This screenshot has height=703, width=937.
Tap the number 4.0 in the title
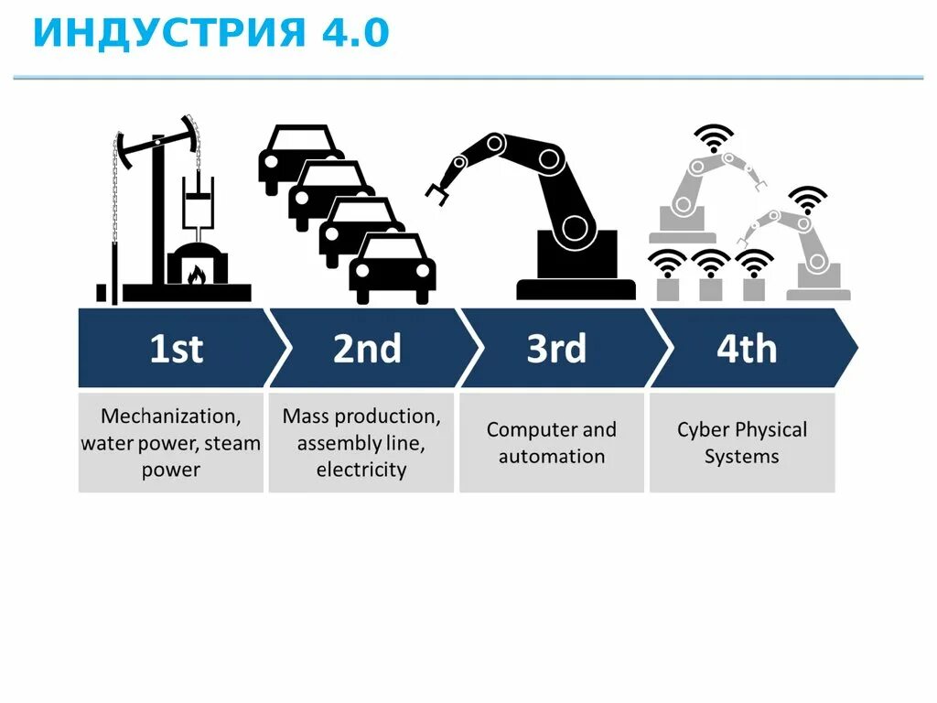click(x=355, y=33)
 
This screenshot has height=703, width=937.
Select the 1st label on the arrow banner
click(x=177, y=349)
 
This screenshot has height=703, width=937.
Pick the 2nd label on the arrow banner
click(x=367, y=349)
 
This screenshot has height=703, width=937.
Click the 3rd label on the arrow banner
click(x=556, y=349)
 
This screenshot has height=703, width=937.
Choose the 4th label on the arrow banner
click(x=747, y=349)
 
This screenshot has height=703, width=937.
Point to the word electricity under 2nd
click(x=361, y=470)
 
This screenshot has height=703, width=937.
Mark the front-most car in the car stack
click(x=393, y=267)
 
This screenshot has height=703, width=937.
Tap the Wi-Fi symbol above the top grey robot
click(x=714, y=136)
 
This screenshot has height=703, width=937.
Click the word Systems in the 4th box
click(x=742, y=457)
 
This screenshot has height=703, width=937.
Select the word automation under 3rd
click(x=552, y=457)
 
